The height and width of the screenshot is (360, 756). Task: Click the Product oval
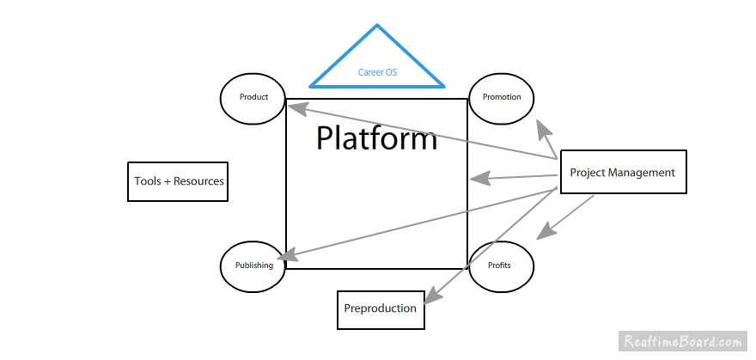click(x=253, y=97)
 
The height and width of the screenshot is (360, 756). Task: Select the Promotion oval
click(x=502, y=97)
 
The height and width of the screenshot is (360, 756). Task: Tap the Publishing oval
click(x=253, y=265)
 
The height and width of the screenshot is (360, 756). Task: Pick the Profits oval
click(x=502, y=265)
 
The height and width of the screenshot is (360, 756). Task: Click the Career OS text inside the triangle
click(x=377, y=73)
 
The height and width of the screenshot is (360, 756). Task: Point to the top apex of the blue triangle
click(x=377, y=26)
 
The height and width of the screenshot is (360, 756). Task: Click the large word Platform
click(x=376, y=138)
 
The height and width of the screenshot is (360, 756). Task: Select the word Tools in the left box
click(x=148, y=181)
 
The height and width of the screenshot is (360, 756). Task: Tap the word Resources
click(x=198, y=181)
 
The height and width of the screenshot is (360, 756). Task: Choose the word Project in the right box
click(x=588, y=173)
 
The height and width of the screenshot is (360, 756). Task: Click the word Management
click(x=643, y=173)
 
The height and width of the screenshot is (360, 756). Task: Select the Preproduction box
click(x=381, y=308)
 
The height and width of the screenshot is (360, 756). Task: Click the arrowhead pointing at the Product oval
click(x=296, y=109)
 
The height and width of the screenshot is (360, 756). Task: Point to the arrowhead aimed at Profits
click(x=545, y=231)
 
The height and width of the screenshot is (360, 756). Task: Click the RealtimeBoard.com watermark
click(x=684, y=340)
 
